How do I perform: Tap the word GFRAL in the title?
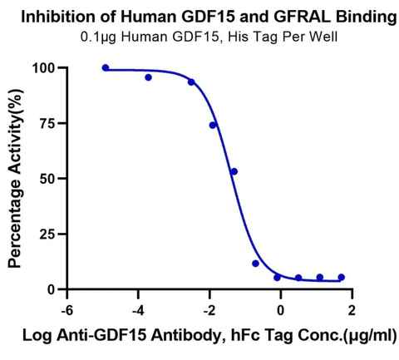tap(302, 17)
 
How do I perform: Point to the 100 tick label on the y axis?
tap(44, 68)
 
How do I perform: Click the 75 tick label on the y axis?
tap(48, 123)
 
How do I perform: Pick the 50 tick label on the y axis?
tap(48, 179)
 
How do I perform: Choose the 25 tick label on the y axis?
tap(48, 234)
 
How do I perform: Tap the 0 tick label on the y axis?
tap(52, 289)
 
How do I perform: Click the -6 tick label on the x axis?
tap(66, 311)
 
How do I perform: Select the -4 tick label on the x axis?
tap(138, 311)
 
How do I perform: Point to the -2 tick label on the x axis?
tap(209, 311)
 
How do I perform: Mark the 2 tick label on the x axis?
tap(352, 311)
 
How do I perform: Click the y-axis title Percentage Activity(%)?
tap(15, 178)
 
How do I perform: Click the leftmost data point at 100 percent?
tap(106, 68)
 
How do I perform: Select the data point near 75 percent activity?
tap(213, 126)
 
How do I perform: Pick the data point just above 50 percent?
tap(234, 171)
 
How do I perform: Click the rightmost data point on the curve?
tap(342, 277)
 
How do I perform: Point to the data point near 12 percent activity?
tap(255, 264)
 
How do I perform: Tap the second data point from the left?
tap(148, 77)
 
